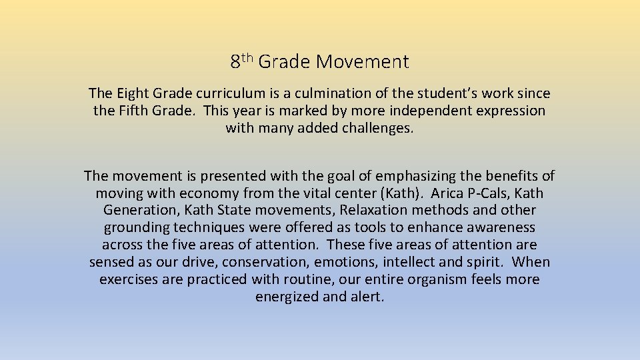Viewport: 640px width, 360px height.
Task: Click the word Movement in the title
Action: [363, 62]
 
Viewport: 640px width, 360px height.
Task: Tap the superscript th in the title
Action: [247, 58]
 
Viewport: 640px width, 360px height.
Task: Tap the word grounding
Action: [137, 227]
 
